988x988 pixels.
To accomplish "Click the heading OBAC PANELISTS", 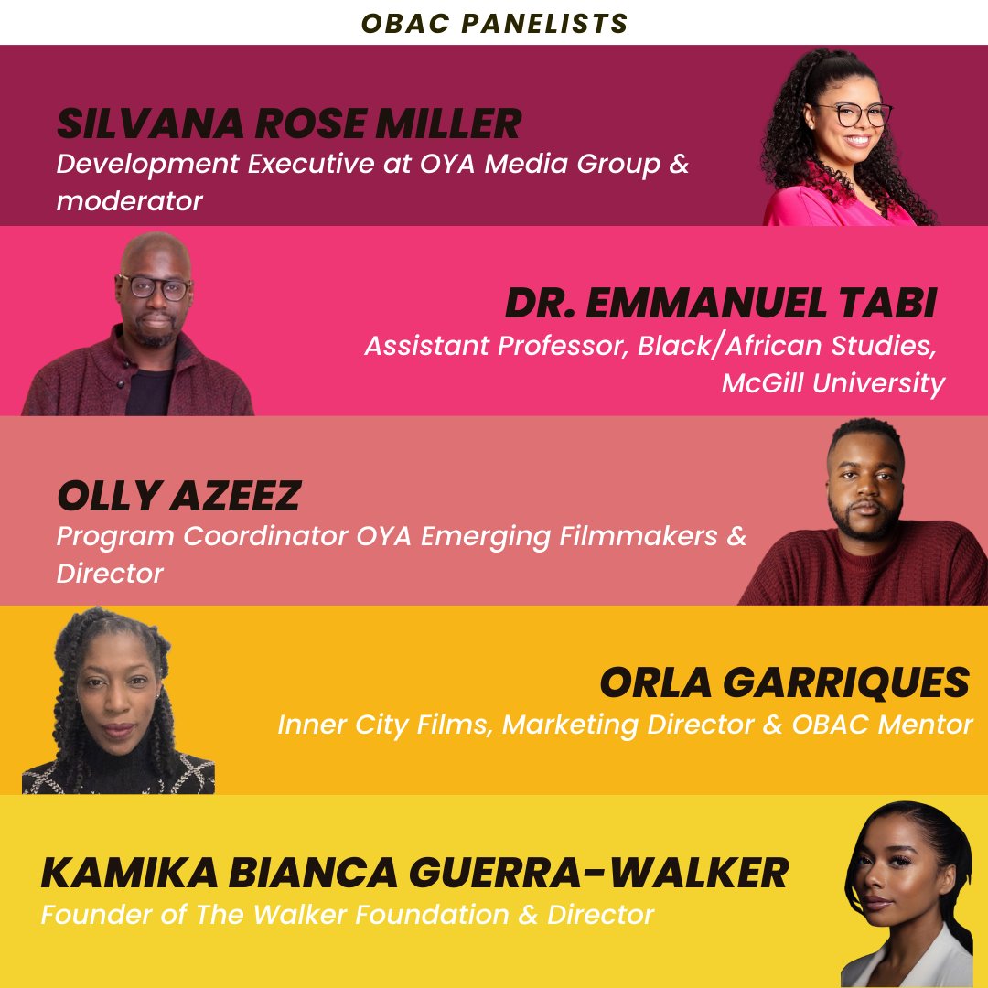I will pos(494,23).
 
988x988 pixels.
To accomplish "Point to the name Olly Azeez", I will pos(178,497).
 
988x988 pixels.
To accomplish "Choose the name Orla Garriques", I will pos(784,682).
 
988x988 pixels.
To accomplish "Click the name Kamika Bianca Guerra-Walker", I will pos(413,873).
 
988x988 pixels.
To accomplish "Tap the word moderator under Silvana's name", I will pos(129,200).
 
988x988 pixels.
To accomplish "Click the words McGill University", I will pos(832,382).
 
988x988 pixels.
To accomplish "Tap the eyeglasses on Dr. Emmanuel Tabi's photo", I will pos(154,285).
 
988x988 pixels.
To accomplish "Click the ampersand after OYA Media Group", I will pos(679,166).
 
